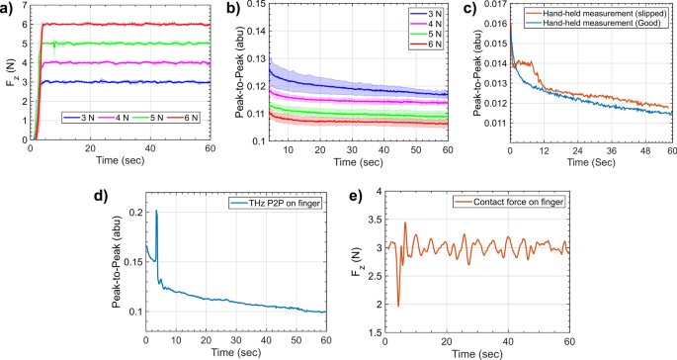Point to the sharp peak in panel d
pyautogui.click(x=156, y=211)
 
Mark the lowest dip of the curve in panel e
pyautogui.click(x=398, y=306)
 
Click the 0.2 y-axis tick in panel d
pyautogui.click(x=131, y=213)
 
